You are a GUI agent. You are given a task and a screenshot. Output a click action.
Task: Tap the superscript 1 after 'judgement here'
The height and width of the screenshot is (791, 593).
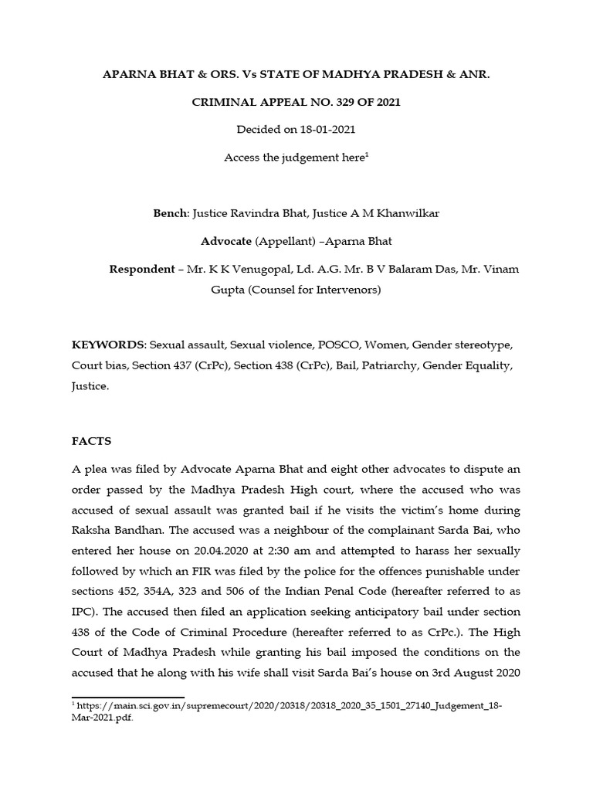(366, 154)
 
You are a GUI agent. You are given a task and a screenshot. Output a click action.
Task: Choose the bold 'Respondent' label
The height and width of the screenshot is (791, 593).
(142, 270)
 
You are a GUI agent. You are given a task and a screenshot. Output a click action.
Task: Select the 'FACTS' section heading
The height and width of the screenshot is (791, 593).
(92, 441)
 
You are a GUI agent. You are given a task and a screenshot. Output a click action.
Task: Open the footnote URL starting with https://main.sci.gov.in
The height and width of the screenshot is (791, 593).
(285, 706)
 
